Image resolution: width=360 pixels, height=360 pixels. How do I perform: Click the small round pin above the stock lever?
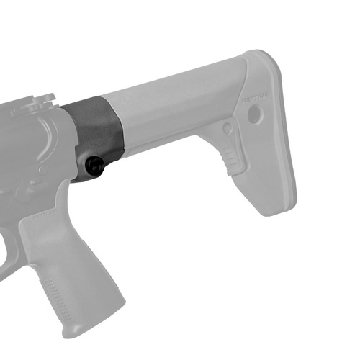click(228, 128)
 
